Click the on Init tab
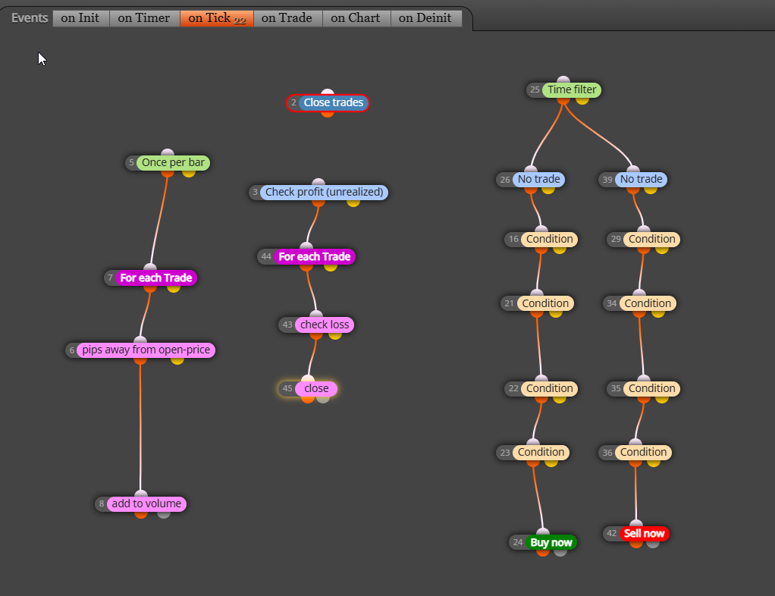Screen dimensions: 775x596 click(80, 18)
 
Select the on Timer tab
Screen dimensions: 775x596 click(144, 18)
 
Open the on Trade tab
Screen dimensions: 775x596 click(287, 18)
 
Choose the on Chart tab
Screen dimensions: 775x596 click(356, 18)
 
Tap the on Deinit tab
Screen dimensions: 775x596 click(425, 18)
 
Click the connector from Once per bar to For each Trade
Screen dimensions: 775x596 click(158, 220)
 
